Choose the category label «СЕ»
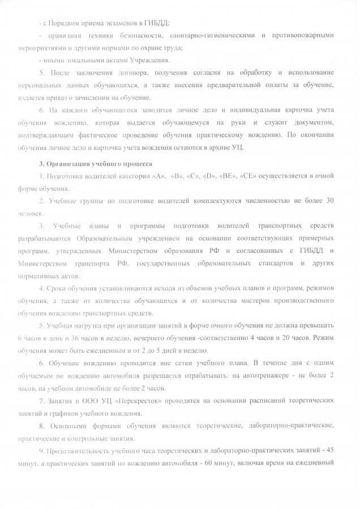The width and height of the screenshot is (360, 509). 249,177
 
